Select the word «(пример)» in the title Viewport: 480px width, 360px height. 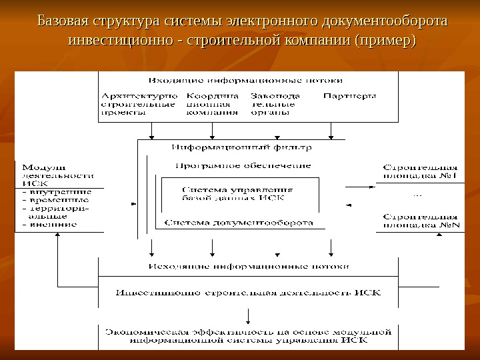[x=386, y=41]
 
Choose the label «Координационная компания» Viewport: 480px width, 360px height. [x=212, y=105]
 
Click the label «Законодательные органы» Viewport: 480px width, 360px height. [x=275, y=105]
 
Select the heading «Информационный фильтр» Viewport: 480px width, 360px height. [x=241, y=147]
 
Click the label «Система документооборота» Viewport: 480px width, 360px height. [x=238, y=223]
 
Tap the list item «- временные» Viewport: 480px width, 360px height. [x=56, y=199]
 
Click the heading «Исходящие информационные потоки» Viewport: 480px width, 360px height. [x=247, y=266]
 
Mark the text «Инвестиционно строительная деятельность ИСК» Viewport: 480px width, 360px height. [x=248, y=292]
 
